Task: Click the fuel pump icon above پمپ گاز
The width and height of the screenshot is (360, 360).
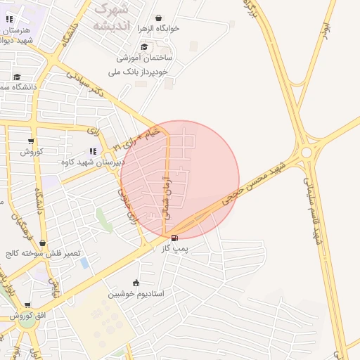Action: click(x=174, y=238)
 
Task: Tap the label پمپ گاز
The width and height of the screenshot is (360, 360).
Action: click(x=174, y=249)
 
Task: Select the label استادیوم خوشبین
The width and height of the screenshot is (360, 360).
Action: click(x=136, y=293)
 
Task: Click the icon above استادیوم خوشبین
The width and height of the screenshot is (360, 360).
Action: click(x=136, y=283)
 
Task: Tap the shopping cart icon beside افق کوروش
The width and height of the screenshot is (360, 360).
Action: click(x=27, y=305)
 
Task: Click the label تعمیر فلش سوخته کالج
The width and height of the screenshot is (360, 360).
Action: click(x=43, y=253)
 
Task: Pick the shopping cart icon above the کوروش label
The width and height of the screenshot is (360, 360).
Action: click(x=31, y=141)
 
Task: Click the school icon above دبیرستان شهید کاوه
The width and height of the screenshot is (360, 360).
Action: click(x=93, y=150)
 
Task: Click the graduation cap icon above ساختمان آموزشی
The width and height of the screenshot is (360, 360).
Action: click(x=143, y=47)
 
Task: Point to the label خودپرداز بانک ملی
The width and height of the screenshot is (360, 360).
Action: click(x=140, y=71)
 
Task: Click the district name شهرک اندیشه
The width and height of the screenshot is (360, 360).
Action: click(x=110, y=18)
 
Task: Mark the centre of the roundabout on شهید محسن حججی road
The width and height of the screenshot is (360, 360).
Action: click(x=306, y=153)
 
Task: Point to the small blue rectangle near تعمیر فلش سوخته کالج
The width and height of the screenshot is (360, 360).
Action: click(x=84, y=263)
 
